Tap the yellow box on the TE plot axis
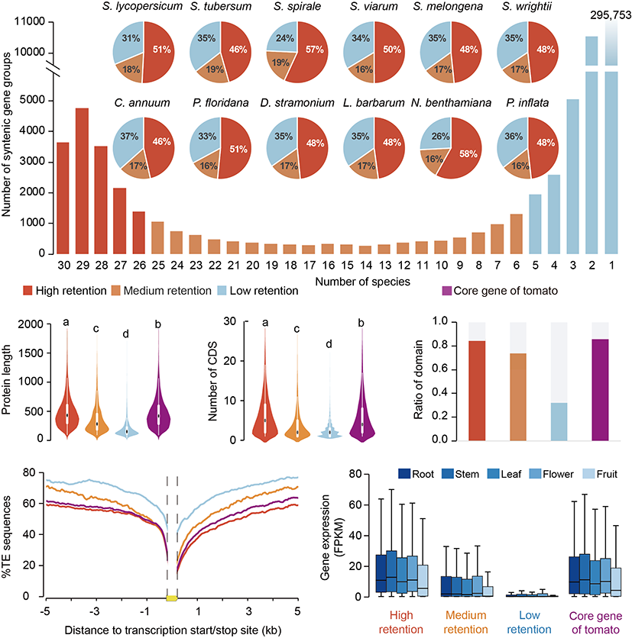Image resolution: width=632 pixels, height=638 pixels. click(x=173, y=597)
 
